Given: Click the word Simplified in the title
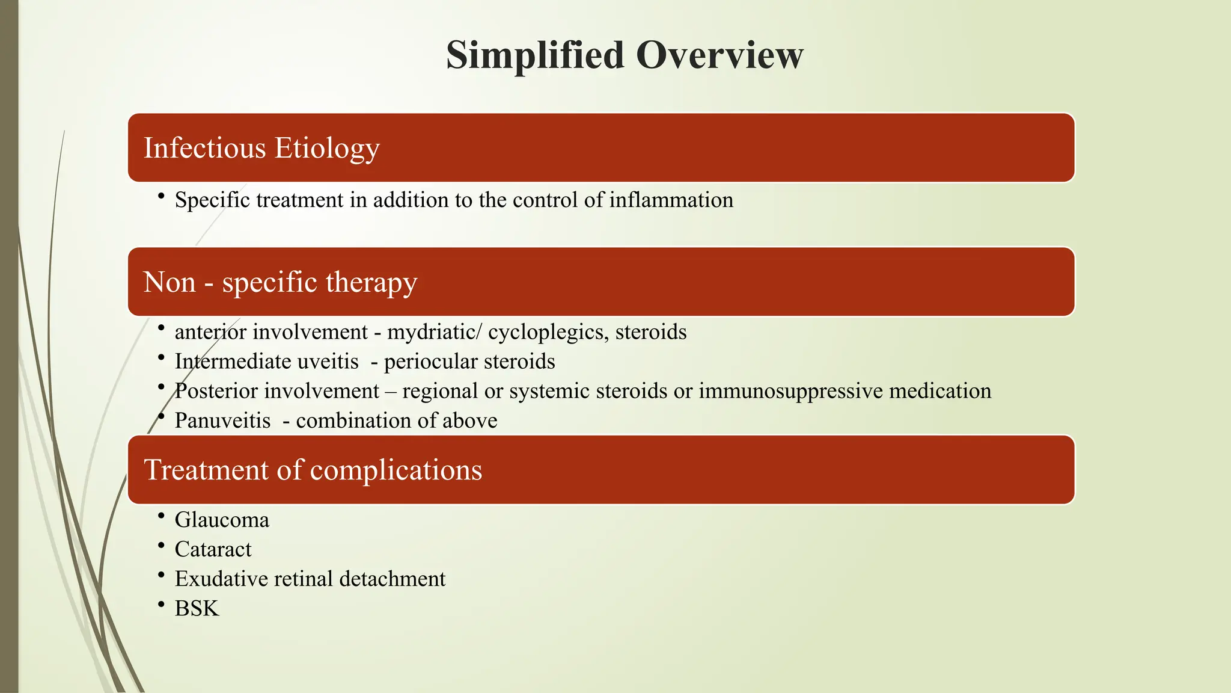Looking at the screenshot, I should click(535, 55).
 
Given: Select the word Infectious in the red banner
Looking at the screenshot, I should click(204, 148).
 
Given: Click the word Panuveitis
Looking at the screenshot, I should click(222, 420).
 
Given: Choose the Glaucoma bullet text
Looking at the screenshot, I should click(222, 520).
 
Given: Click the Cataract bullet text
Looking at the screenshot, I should click(213, 549).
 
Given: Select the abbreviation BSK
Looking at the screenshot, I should click(197, 608).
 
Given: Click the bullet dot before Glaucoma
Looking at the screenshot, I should click(161, 516).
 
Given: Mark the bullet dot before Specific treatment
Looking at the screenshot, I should click(161, 196).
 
